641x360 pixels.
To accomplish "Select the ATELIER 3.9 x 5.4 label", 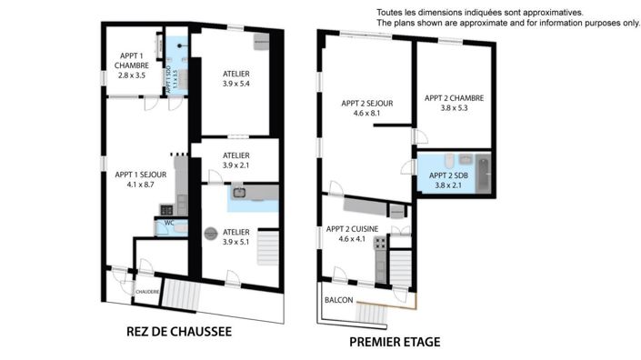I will click(x=235, y=78).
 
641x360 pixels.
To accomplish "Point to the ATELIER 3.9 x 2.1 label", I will click(x=236, y=161).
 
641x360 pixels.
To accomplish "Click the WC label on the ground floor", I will click(x=168, y=223).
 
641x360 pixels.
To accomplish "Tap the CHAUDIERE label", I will click(x=147, y=291).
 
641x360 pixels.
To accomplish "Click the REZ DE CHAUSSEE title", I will click(x=178, y=333).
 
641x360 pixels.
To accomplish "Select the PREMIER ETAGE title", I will click(x=395, y=342).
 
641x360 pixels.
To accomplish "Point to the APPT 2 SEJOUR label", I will click(x=366, y=108).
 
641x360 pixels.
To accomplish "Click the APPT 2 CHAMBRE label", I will click(x=454, y=103).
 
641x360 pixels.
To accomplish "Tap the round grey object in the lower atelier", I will click(x=211, y=232).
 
